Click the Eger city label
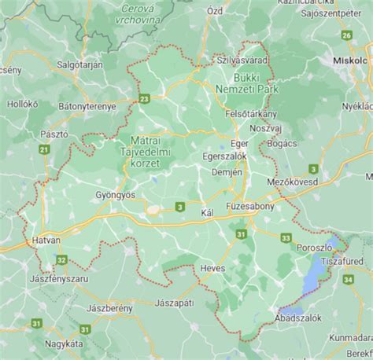pyautogui.click(x=239, y=143)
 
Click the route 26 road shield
pyautogui.click(x=346, y=35)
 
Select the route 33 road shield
pyautogui.click(x=286, y=237)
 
